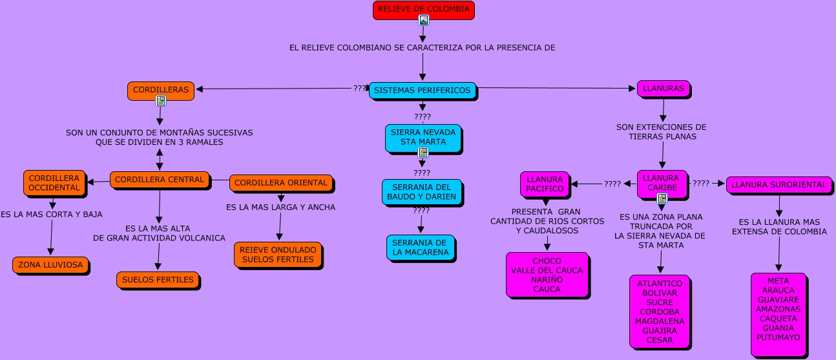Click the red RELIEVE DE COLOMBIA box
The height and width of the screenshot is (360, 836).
click(x=424, y=10)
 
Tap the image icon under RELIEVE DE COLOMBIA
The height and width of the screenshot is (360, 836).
click(x=424, y=20)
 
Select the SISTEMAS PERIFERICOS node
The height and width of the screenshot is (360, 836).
click(x=423, y=90)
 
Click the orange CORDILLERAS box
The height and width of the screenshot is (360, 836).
click(x=161, y=90)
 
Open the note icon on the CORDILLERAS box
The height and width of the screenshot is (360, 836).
click(x=161, y=101)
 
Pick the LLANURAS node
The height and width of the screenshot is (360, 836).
click(x=664, y=89)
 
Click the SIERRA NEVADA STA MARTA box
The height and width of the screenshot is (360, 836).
click(x=423, y=138)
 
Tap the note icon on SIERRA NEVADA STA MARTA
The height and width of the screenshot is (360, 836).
click(x=423, y=153)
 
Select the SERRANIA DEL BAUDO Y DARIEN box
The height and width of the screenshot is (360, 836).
click(x=422, y=192)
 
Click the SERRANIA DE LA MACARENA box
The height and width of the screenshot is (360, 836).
click(x=421, y=248)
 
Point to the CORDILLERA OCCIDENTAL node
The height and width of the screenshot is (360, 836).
click(x=54, y=183)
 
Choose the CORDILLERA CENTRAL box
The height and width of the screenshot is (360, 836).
click(x=160, y=180)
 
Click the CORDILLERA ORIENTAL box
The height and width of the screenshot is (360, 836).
click(x=281, y=183)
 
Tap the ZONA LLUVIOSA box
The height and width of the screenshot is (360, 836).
click(x=51, y=265)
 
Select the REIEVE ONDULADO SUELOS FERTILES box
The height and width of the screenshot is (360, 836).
click(x=278, y=255)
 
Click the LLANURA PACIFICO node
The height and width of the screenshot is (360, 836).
click(x=545, y=184)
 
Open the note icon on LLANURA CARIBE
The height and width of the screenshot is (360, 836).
click(x=662, y=198)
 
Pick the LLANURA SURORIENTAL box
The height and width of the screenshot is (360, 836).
click(x=779, y=185)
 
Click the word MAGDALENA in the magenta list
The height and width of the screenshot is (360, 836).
click(x=660, y=321)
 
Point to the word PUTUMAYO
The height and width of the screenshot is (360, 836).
click(x=778, y=337)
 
